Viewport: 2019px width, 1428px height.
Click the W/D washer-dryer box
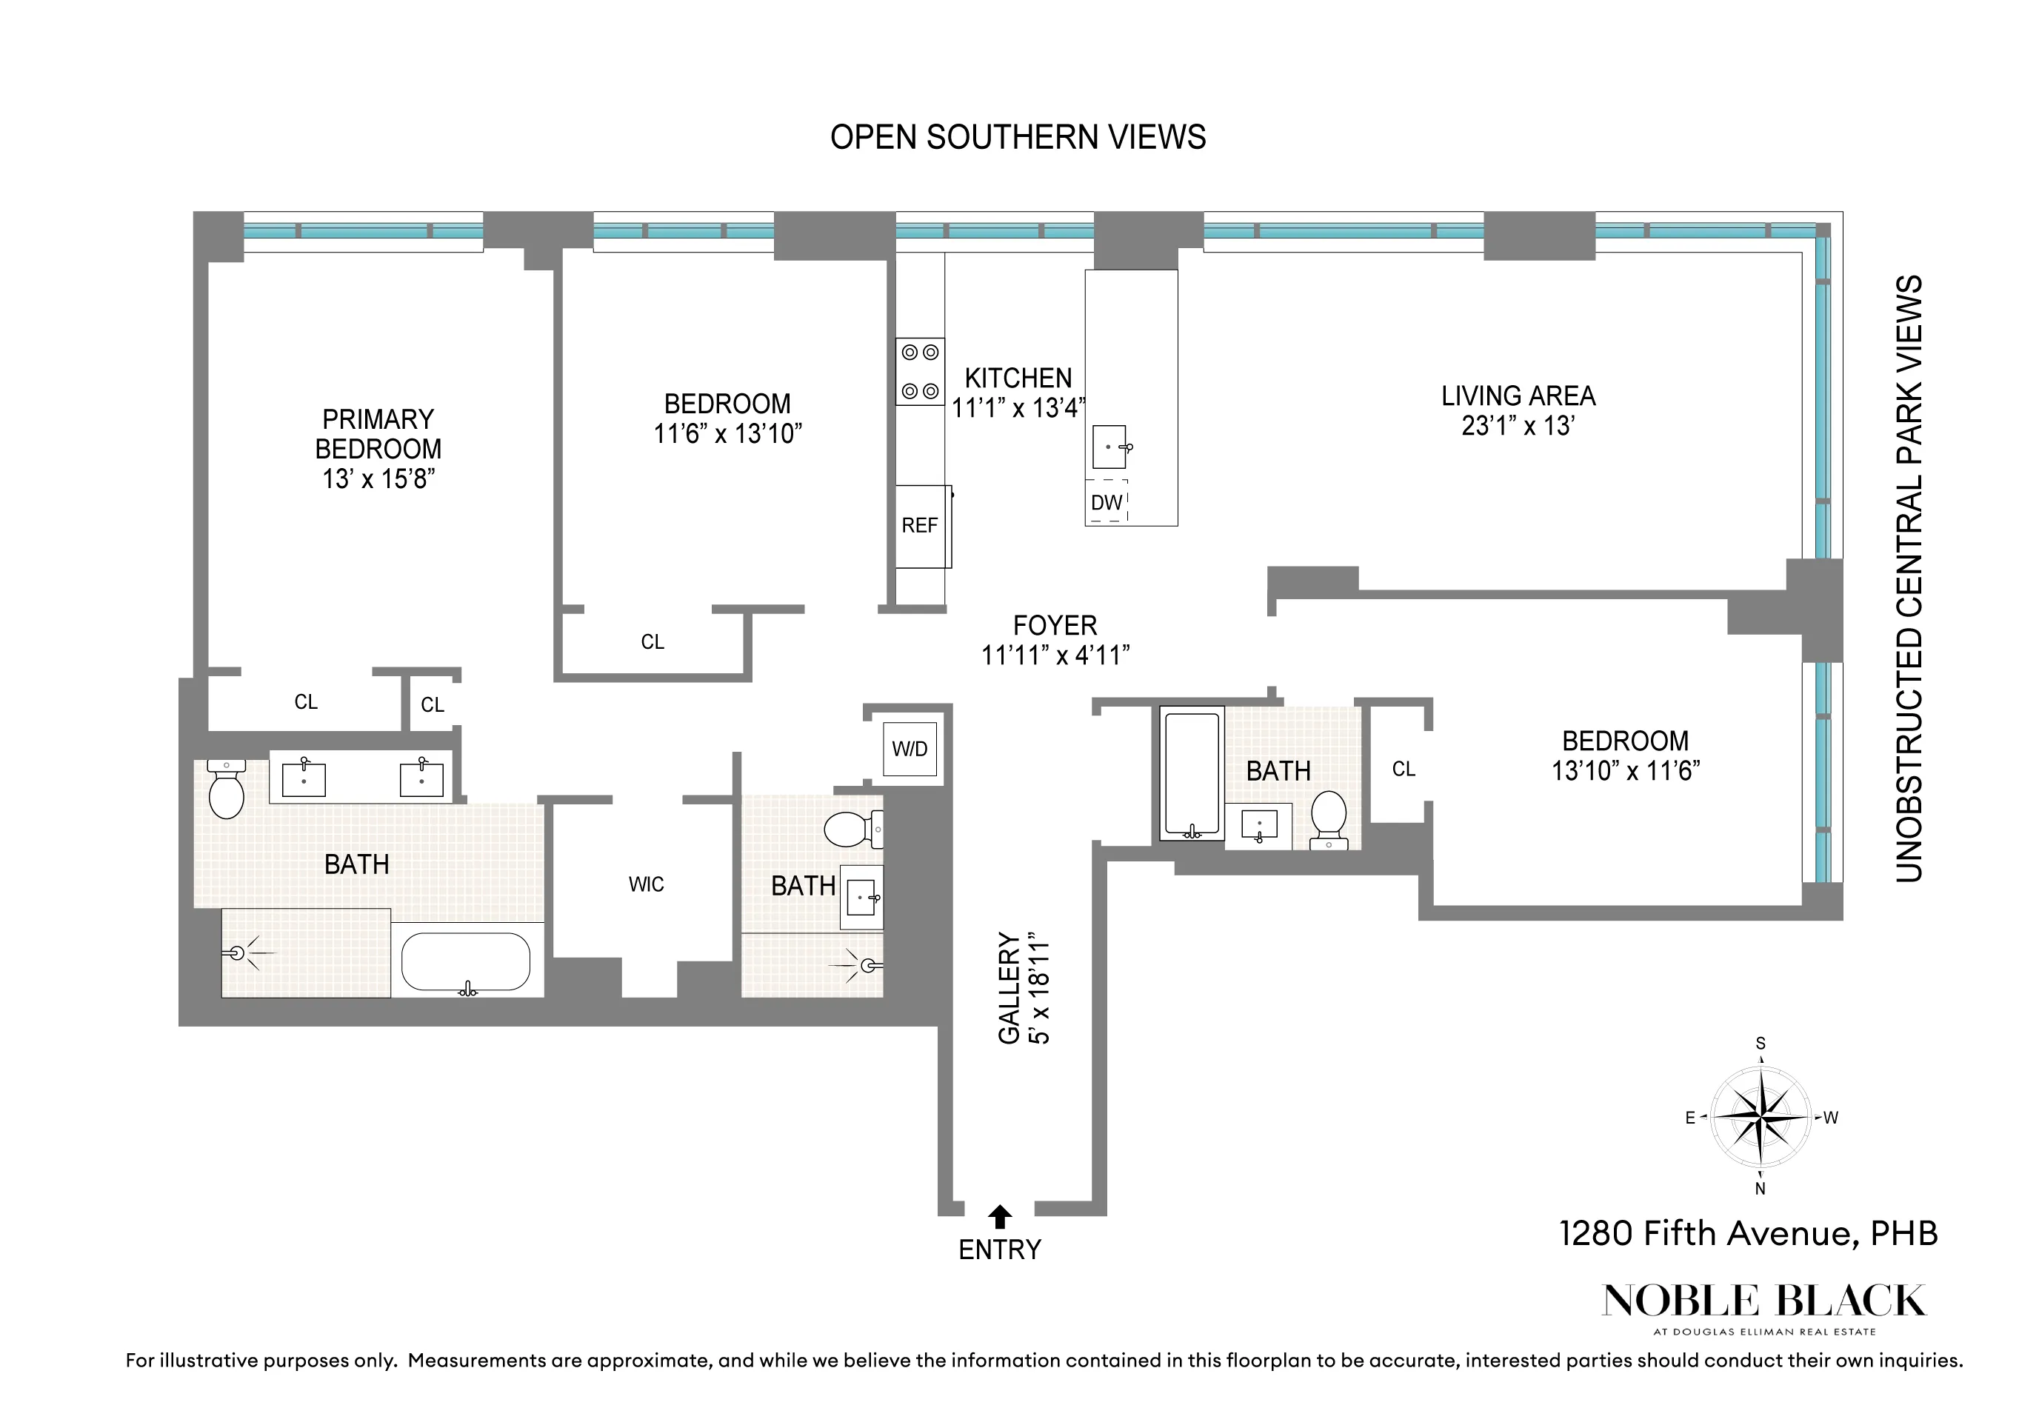[910, 749]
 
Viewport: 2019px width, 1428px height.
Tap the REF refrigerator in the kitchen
[921, 526]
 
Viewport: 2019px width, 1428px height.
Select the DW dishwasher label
[1107, 502]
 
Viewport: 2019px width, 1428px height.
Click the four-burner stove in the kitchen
[920, 371]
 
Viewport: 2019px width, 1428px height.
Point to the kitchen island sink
[1109, 447]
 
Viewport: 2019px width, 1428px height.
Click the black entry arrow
[1000, 1217]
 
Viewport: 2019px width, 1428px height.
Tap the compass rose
[1760, 1117]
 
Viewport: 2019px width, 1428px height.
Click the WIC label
[647, 884]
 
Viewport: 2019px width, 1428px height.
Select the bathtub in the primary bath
[466, 962]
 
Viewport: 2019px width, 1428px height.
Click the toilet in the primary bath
[227, 790]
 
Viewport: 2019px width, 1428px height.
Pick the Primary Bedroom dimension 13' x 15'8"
[379, 479]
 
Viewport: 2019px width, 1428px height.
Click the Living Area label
[1518, 396]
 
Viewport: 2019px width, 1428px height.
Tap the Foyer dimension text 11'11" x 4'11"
[1055, 655]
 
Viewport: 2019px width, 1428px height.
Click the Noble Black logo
[1763, 1302]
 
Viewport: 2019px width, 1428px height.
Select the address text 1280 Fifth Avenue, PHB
[1748, 1234]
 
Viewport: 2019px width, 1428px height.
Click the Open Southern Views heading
[1018, 138]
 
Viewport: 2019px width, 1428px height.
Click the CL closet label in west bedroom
[1404, 770]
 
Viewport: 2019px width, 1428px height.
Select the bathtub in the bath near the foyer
[1192, 774]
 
